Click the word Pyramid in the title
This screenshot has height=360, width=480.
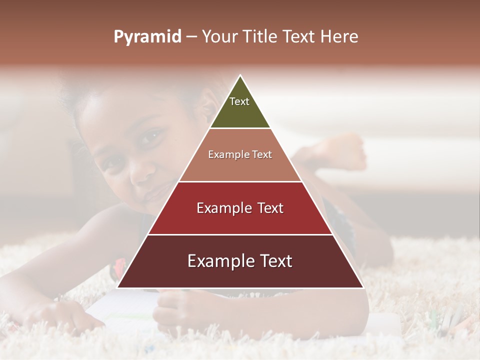click(x=147, y=37)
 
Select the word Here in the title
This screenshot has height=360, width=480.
click(x=339, y=37)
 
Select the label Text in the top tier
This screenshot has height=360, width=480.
click(x=239, y=101)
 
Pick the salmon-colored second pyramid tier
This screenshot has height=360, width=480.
click(x=240, y=165)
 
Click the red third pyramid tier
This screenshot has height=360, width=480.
click(x=240, y=220)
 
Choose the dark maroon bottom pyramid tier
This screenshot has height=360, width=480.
click(x=240, y=275)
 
